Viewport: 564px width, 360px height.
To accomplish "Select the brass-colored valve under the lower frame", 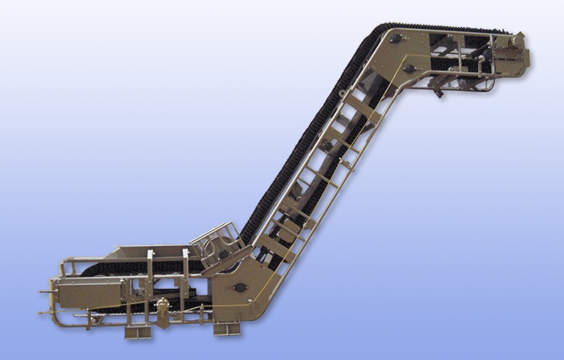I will [160, 311].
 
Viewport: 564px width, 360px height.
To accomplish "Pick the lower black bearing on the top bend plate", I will [409, 70].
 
